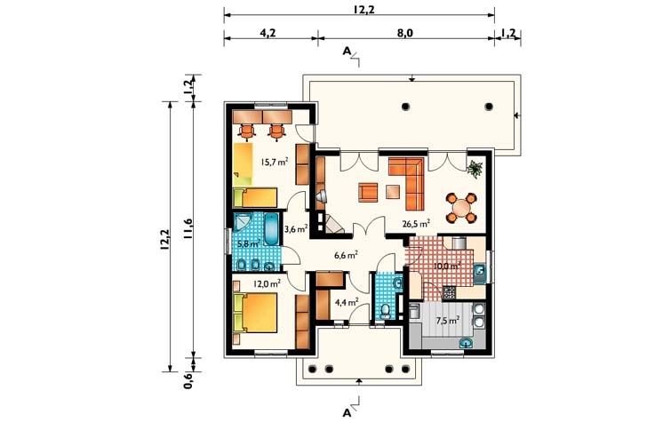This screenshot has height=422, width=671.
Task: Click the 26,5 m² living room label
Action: pos(416,223)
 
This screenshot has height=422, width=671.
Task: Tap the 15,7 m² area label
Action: pos(275,162)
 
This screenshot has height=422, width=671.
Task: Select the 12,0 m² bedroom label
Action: pos(267,283)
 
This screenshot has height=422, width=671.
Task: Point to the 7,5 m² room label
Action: pos(448,320)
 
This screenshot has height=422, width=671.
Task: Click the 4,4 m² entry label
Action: pos(347,303)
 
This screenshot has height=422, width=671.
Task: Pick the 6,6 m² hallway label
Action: pos(346,256)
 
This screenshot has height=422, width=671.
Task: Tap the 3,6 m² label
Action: pos(296,229)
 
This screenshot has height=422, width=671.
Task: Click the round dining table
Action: pos(461,209)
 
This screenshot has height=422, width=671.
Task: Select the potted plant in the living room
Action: pos(475,169)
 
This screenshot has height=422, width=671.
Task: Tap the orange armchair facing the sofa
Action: pos(368,192)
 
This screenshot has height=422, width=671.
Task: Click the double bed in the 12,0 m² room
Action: pos(255,313)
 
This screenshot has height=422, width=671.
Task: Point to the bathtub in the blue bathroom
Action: pos(271,229)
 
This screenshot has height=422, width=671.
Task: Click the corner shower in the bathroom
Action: pos(244,223)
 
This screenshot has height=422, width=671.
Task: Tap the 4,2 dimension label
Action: pos(268,33)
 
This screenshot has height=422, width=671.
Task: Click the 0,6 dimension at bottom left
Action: pos(188,380)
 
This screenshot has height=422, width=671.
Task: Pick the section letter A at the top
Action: pos(347,52)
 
